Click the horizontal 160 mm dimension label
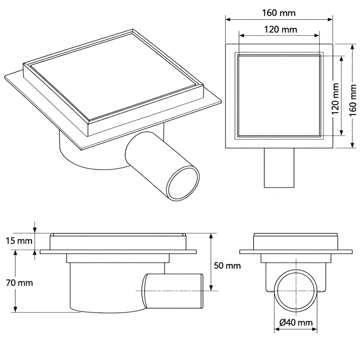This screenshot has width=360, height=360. point(279,13)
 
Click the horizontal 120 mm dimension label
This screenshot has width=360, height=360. point(280,30)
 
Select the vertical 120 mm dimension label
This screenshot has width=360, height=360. point(336,99)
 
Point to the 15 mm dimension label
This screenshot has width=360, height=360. point(19,241)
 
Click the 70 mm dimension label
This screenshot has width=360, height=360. point(19,283)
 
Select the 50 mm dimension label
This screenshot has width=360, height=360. point(227,266)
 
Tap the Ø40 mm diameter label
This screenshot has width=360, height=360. point(296,323)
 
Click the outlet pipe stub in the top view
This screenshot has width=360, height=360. point(279,168)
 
